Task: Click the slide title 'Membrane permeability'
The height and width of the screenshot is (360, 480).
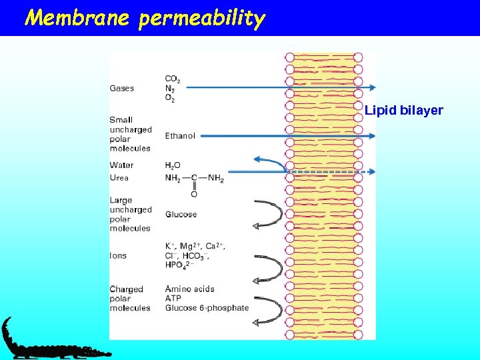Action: pyautogui.click(x=145, y=18)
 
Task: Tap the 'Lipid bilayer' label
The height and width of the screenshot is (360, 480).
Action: pyautogui.click(x=403, y=110)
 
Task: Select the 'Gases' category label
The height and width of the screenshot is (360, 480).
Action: pyautogui.click(x=122, y=88)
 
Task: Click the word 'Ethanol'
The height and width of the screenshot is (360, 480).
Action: pyautogui.click(x=180, y=136)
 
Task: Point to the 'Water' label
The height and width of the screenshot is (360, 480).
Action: pyautogui.click(x=122, y=165)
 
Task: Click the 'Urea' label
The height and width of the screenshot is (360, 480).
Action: pyautogui.click(x=120, y=178)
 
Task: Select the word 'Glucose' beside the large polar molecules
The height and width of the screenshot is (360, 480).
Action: pyautogui.click(x=181, y=215)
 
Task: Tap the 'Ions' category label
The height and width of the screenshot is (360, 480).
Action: pyautogui.click(x=119, y=255)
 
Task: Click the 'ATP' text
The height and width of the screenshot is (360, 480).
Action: pyautogui.click(x=174, y=299)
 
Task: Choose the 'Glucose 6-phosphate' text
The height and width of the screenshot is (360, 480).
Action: pyautogui.click(x=207, y=308)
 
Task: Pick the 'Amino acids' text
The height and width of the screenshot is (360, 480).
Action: pyautogui.click(x=190, y=289)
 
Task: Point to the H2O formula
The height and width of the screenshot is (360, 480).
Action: pyautogui.click(x=173, y=165)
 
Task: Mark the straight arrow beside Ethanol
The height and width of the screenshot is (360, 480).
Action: pyautogui.click(x=287, y=136)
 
